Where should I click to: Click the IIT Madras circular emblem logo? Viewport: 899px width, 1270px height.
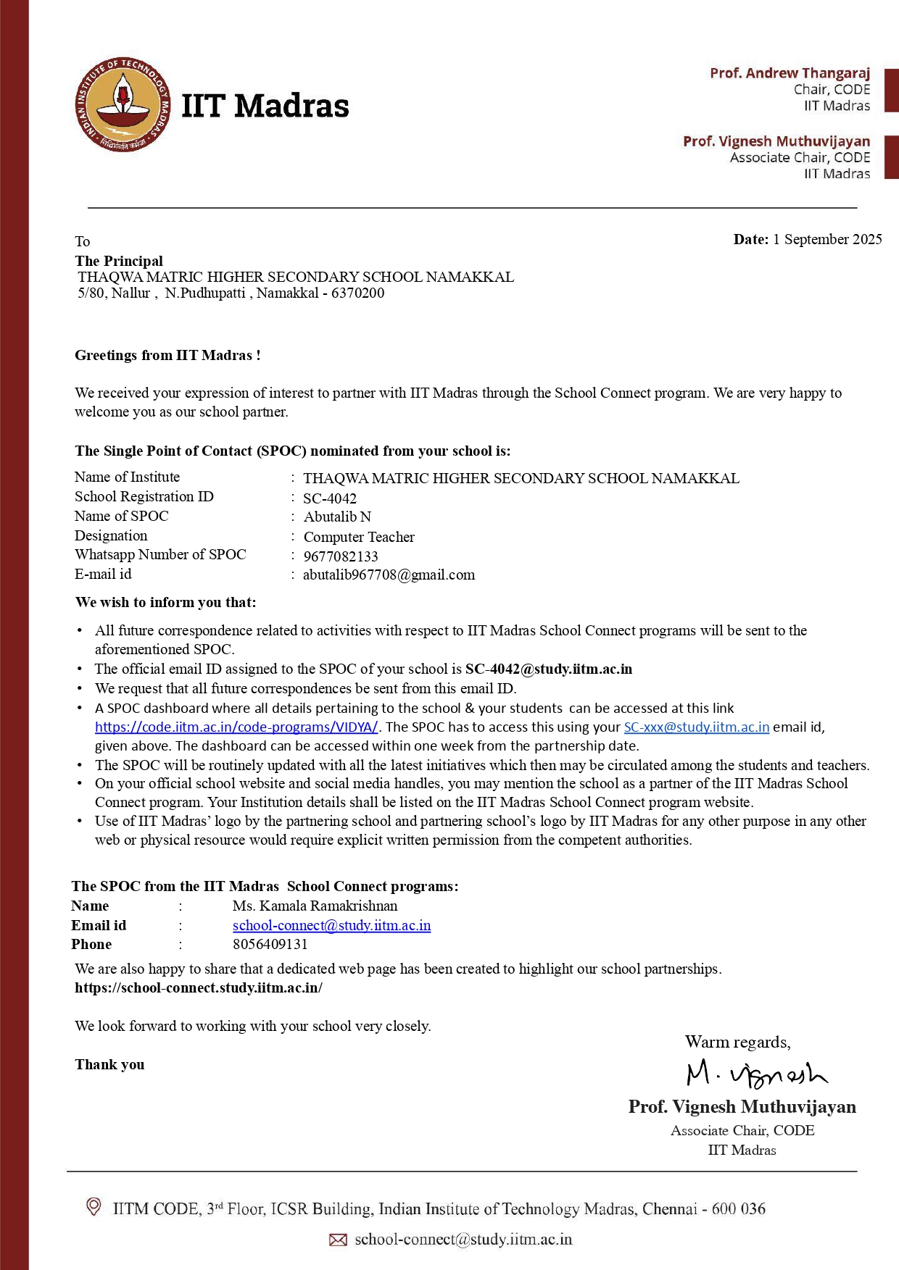[x=124, y=105]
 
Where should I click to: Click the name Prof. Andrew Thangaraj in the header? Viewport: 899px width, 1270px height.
[x=790, y=73]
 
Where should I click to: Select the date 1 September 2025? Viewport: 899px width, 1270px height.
[x=827, y=240]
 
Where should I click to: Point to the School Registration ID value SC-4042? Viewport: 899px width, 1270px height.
[x=330, y=498]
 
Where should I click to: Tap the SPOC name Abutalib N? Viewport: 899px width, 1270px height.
[x=337, y=517]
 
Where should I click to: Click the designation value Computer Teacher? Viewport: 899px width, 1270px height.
[x=359, y=537]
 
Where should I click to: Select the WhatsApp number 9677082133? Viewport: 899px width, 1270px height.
[x=341, y=556]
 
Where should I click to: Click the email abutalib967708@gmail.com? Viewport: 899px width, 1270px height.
[x=389, y=575]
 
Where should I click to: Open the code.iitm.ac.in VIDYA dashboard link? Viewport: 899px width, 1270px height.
[x=236, y=727]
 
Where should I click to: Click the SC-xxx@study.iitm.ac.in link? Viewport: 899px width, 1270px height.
[x=696, y=727]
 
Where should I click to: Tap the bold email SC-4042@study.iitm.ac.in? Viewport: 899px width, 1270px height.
[x=549, y=669]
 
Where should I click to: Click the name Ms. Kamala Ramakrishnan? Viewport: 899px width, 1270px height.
[x=315, y=906]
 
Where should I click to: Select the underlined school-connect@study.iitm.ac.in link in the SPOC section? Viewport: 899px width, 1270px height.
[x=331, y=926]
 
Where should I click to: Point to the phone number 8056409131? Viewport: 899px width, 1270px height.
[x=270, y=945]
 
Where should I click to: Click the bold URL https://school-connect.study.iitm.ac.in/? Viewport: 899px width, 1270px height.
[x=199, y=988]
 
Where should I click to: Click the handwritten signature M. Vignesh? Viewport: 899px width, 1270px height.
[x=756, y=1074]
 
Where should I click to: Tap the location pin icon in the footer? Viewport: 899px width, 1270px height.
[x=94, y=1207]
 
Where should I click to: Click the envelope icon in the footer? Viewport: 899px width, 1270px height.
[x=338, y=1240]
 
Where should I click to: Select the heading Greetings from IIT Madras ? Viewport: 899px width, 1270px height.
[x=167, y=356]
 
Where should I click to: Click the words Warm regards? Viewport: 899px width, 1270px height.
[x=737, y=1043]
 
